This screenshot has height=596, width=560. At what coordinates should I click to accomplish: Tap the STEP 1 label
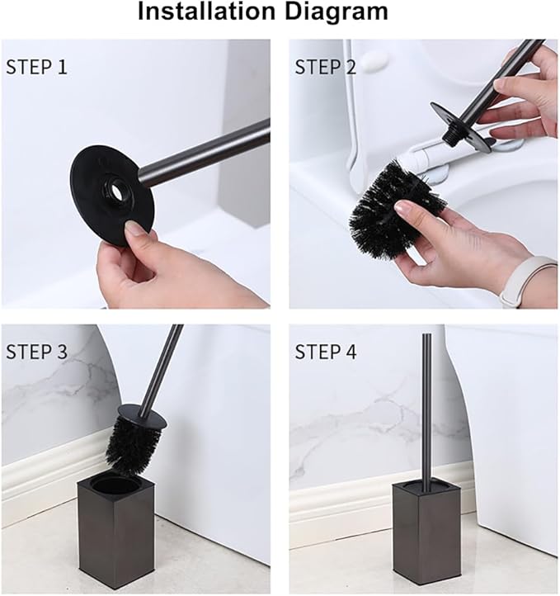[36, 67]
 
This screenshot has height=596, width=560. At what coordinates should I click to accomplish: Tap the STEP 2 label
[326, 67]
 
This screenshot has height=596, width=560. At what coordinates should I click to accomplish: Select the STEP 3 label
[36, 352]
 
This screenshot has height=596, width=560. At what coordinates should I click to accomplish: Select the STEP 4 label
[326, 352]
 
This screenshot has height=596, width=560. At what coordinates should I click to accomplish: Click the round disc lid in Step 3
[141, 416]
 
